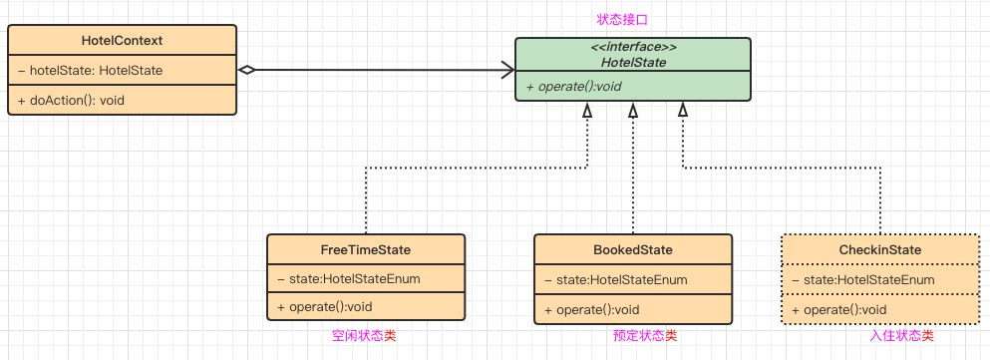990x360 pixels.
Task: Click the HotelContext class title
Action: (122, 41)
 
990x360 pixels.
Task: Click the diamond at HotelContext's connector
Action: (246, 70)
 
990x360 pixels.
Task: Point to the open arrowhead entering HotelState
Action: (507, 70)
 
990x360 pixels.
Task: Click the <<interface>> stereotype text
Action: (633, 48)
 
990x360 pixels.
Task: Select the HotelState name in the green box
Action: (633, 63)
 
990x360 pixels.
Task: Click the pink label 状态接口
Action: (622, 20)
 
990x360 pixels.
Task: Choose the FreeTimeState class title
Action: (366, 250)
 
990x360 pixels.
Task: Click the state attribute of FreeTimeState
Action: (349, 279)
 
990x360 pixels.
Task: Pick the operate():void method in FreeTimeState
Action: (325, 307)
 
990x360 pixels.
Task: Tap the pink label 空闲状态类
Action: (364, 336)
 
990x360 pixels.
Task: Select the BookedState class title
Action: (633, 250)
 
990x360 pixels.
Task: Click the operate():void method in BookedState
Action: (592, 309)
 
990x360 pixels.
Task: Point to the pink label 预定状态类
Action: (645, 336)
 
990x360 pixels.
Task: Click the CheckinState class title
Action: (880, 250)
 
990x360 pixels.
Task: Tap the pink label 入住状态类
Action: (901, 336)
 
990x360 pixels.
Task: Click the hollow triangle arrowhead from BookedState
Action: (633, 110)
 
